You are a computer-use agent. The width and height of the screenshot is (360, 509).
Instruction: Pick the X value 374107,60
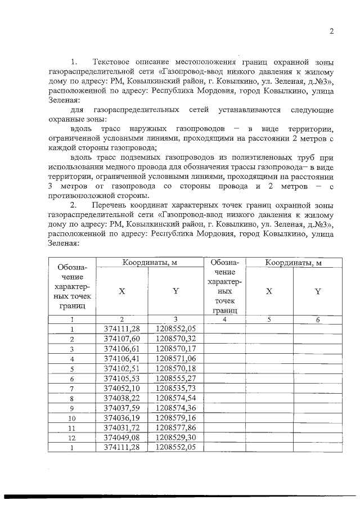pos(122,339)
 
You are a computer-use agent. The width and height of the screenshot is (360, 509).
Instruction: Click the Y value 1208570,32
pos(175,339)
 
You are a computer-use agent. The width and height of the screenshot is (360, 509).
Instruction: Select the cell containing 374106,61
pos(122,349)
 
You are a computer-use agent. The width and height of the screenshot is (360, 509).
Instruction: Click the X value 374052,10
pos(122,389)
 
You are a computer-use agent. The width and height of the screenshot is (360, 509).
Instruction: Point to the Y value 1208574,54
pos(175,398)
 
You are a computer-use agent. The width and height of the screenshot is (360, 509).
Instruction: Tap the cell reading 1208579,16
pos(175,418)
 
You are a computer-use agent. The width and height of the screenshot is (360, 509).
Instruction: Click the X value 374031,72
pos(122,428)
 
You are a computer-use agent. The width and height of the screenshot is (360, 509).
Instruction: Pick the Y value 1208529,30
pos(175,438)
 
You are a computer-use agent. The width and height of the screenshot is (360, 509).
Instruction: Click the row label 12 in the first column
pos(72,438)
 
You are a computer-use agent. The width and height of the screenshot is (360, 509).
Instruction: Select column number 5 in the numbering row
pos(269,319)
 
